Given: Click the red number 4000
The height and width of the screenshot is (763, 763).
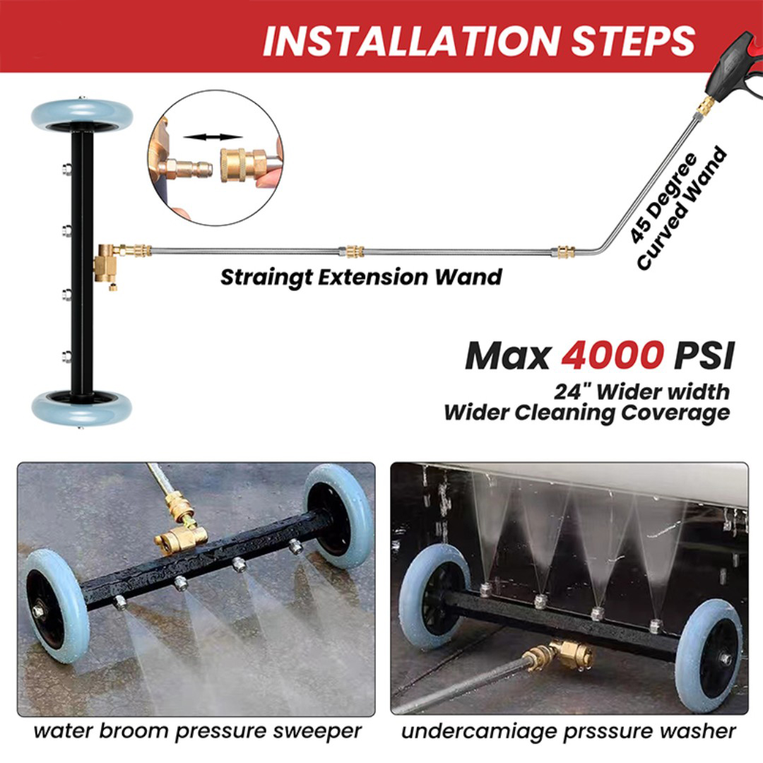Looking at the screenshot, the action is pos(613,355).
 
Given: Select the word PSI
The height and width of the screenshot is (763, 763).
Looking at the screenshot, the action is pos(704,355).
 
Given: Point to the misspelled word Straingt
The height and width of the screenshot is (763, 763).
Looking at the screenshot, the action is pos(266,278).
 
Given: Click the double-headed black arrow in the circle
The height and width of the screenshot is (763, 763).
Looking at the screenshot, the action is pos(213,137).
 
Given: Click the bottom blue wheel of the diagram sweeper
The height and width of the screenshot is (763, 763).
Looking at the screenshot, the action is pos(82,408).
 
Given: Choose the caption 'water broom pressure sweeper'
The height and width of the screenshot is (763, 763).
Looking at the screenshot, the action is pos(197,731).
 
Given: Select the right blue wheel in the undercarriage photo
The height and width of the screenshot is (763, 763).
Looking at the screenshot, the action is pos(709,656).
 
